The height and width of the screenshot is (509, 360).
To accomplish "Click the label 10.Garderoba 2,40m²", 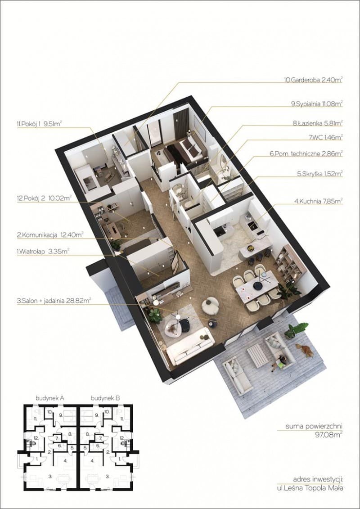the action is [x=313, y=80].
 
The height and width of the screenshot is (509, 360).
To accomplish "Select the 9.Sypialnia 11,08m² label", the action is [x=317, y=104].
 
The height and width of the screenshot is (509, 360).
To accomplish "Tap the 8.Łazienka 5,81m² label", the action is [x=318, y=123].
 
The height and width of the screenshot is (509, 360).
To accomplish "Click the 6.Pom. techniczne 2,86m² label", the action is [x=306, y=154].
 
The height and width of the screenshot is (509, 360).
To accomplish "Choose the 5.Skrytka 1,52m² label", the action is [x=320, y=174].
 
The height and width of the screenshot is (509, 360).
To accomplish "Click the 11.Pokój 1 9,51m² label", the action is [x=39, y=124].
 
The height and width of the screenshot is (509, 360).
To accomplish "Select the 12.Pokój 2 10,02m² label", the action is [x=44, y=198].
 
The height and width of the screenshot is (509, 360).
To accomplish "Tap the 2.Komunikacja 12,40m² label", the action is [x=50, y=234].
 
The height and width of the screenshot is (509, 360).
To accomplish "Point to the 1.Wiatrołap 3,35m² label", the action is [x=43, y=251].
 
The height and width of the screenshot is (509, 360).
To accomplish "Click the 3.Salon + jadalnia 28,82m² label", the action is [x=54, y=301].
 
